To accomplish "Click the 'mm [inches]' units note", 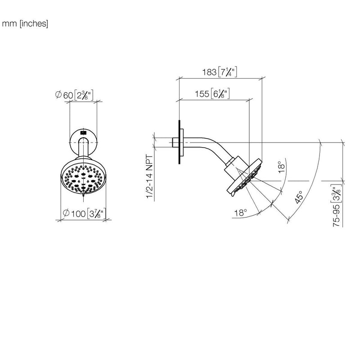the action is (25, 24).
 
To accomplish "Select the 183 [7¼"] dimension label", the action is (219, 72).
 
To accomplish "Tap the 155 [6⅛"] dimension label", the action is (212, 94).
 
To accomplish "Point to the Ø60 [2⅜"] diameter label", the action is (74, 95).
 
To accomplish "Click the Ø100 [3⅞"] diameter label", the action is (84, 213).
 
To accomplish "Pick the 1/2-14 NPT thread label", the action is (149, 176).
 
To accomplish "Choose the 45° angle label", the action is (299, 197).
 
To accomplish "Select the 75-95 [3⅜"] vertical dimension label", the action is (337, 205).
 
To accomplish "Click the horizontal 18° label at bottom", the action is (240, 213).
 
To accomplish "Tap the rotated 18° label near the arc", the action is (281, 167).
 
